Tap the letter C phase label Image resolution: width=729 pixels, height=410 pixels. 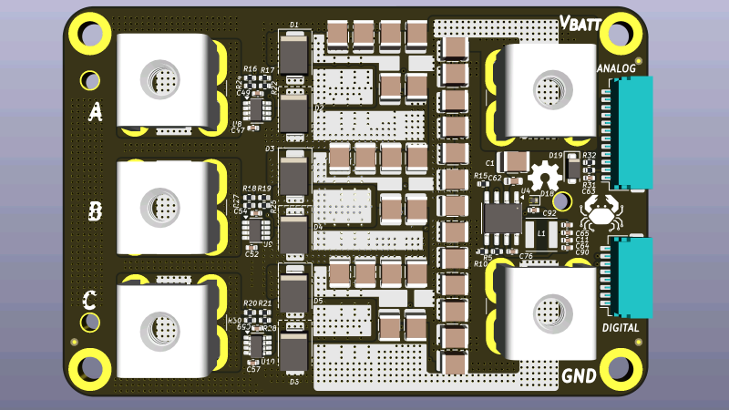[90, 300]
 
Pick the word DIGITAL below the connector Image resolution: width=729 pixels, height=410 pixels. [620, 327]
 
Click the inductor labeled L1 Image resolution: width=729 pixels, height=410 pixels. [542, 236]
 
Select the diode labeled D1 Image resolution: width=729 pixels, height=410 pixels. [293, 55]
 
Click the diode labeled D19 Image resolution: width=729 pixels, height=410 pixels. [571, 169]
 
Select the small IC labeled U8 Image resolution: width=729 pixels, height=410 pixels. [259, 110]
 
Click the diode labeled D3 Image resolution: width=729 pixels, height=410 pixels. [293, 172]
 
